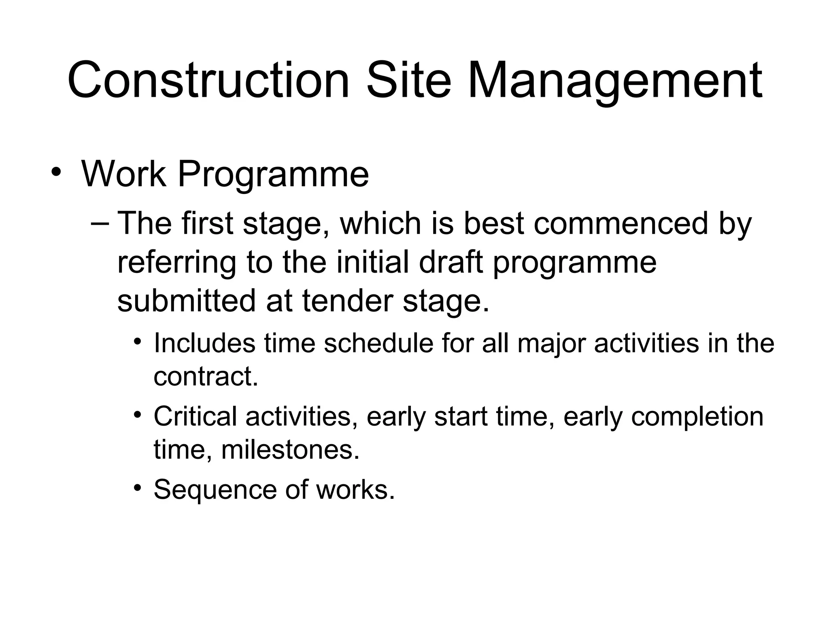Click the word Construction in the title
(x=208, y=80)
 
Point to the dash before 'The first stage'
(x=100, y=224)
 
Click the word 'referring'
(x=176, y=263)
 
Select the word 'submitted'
(x=187, y=301)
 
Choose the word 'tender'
(x=348, y=301)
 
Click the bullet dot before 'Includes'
(x=138, y=341)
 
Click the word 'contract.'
(x=206, y=377)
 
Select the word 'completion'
(x=697, y=417)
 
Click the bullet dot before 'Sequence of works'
(x=138, y=487)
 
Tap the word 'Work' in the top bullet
(x=124, y=174)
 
